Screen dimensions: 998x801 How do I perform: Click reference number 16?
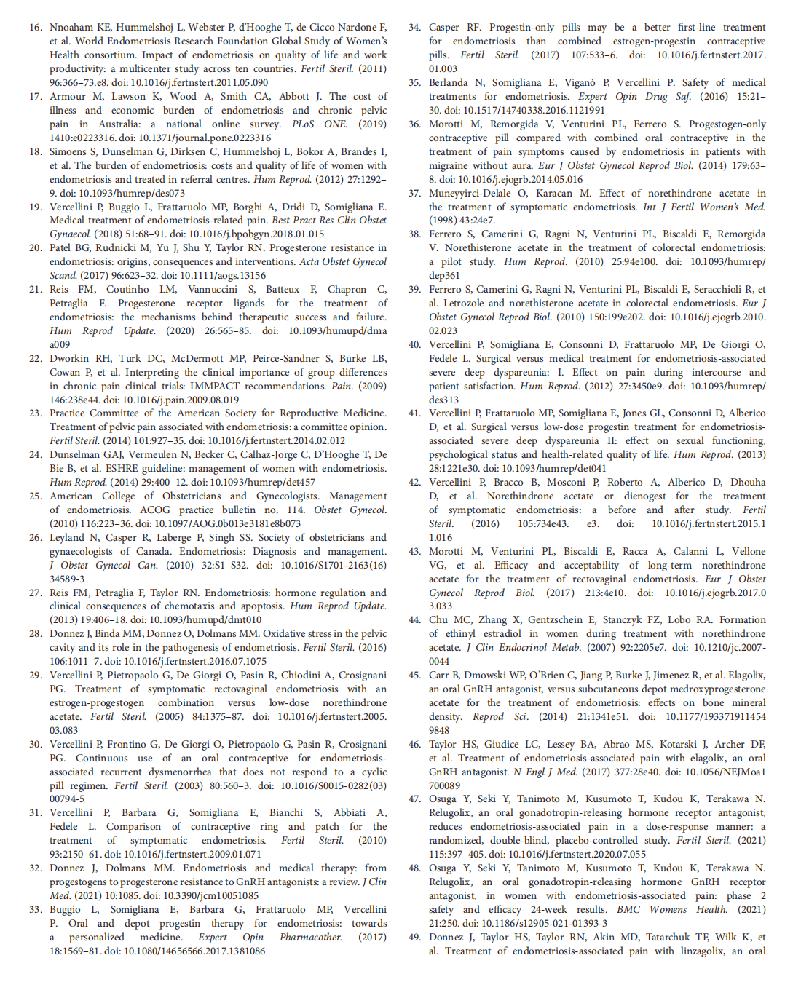35,28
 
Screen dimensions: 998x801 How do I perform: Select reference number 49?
414,937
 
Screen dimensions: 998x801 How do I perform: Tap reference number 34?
414,28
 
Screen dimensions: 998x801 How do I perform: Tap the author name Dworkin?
71,358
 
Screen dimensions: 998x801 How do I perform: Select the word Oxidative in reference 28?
284,633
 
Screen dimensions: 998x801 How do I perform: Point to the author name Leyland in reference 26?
67,537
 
